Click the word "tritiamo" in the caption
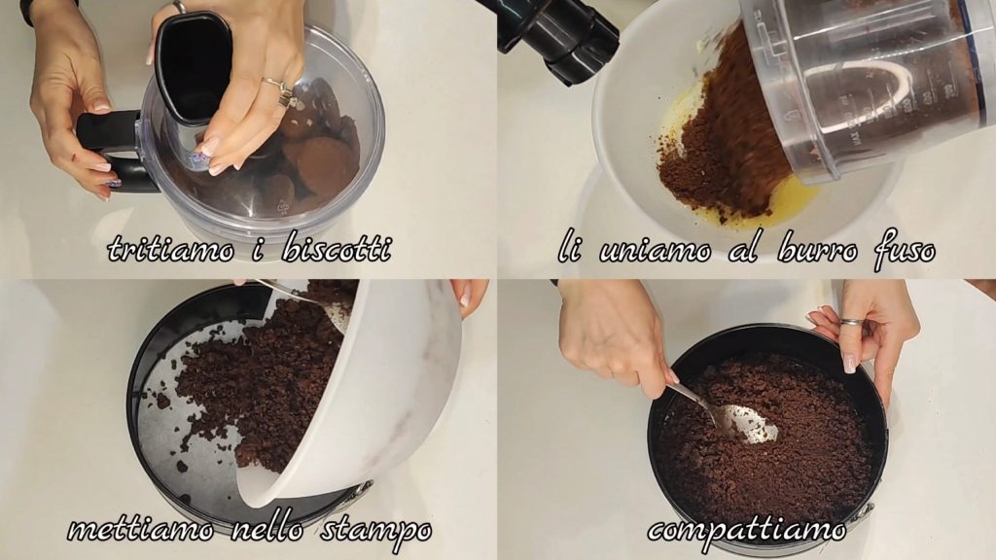point(170,248)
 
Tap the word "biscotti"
point(336,247)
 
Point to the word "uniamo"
point(655,252)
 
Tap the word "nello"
point(267,528)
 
